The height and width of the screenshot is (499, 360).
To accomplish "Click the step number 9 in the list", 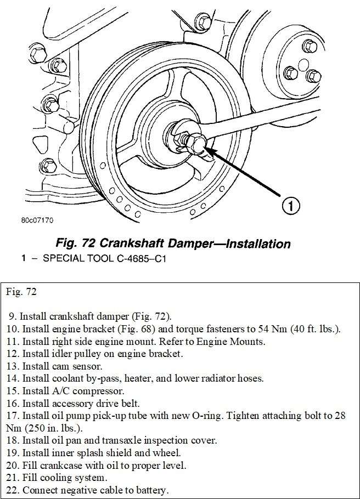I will [x=12, y=317].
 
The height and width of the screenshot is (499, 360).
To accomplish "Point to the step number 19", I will [x=14, y=453].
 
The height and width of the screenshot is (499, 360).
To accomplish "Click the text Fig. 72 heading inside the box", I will [x=22, y=292].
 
